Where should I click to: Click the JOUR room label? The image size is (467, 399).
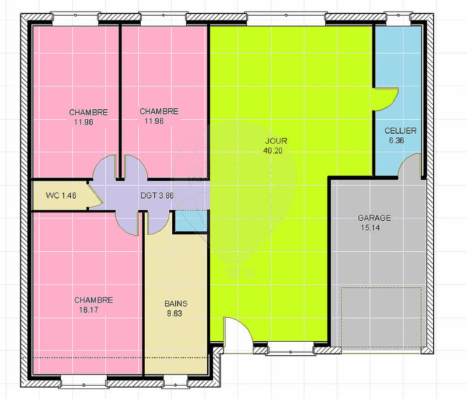276,141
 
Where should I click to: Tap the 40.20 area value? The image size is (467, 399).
276,150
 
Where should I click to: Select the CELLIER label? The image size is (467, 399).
400,131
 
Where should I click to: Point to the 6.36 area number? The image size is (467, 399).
397,140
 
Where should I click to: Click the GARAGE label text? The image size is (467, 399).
374,218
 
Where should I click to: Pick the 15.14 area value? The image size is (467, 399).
370,228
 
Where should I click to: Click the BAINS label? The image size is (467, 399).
176,304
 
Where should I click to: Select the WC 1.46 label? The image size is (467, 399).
60,196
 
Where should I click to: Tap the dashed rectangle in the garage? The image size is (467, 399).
381,315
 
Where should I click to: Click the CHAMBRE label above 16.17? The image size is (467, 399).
93,300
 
